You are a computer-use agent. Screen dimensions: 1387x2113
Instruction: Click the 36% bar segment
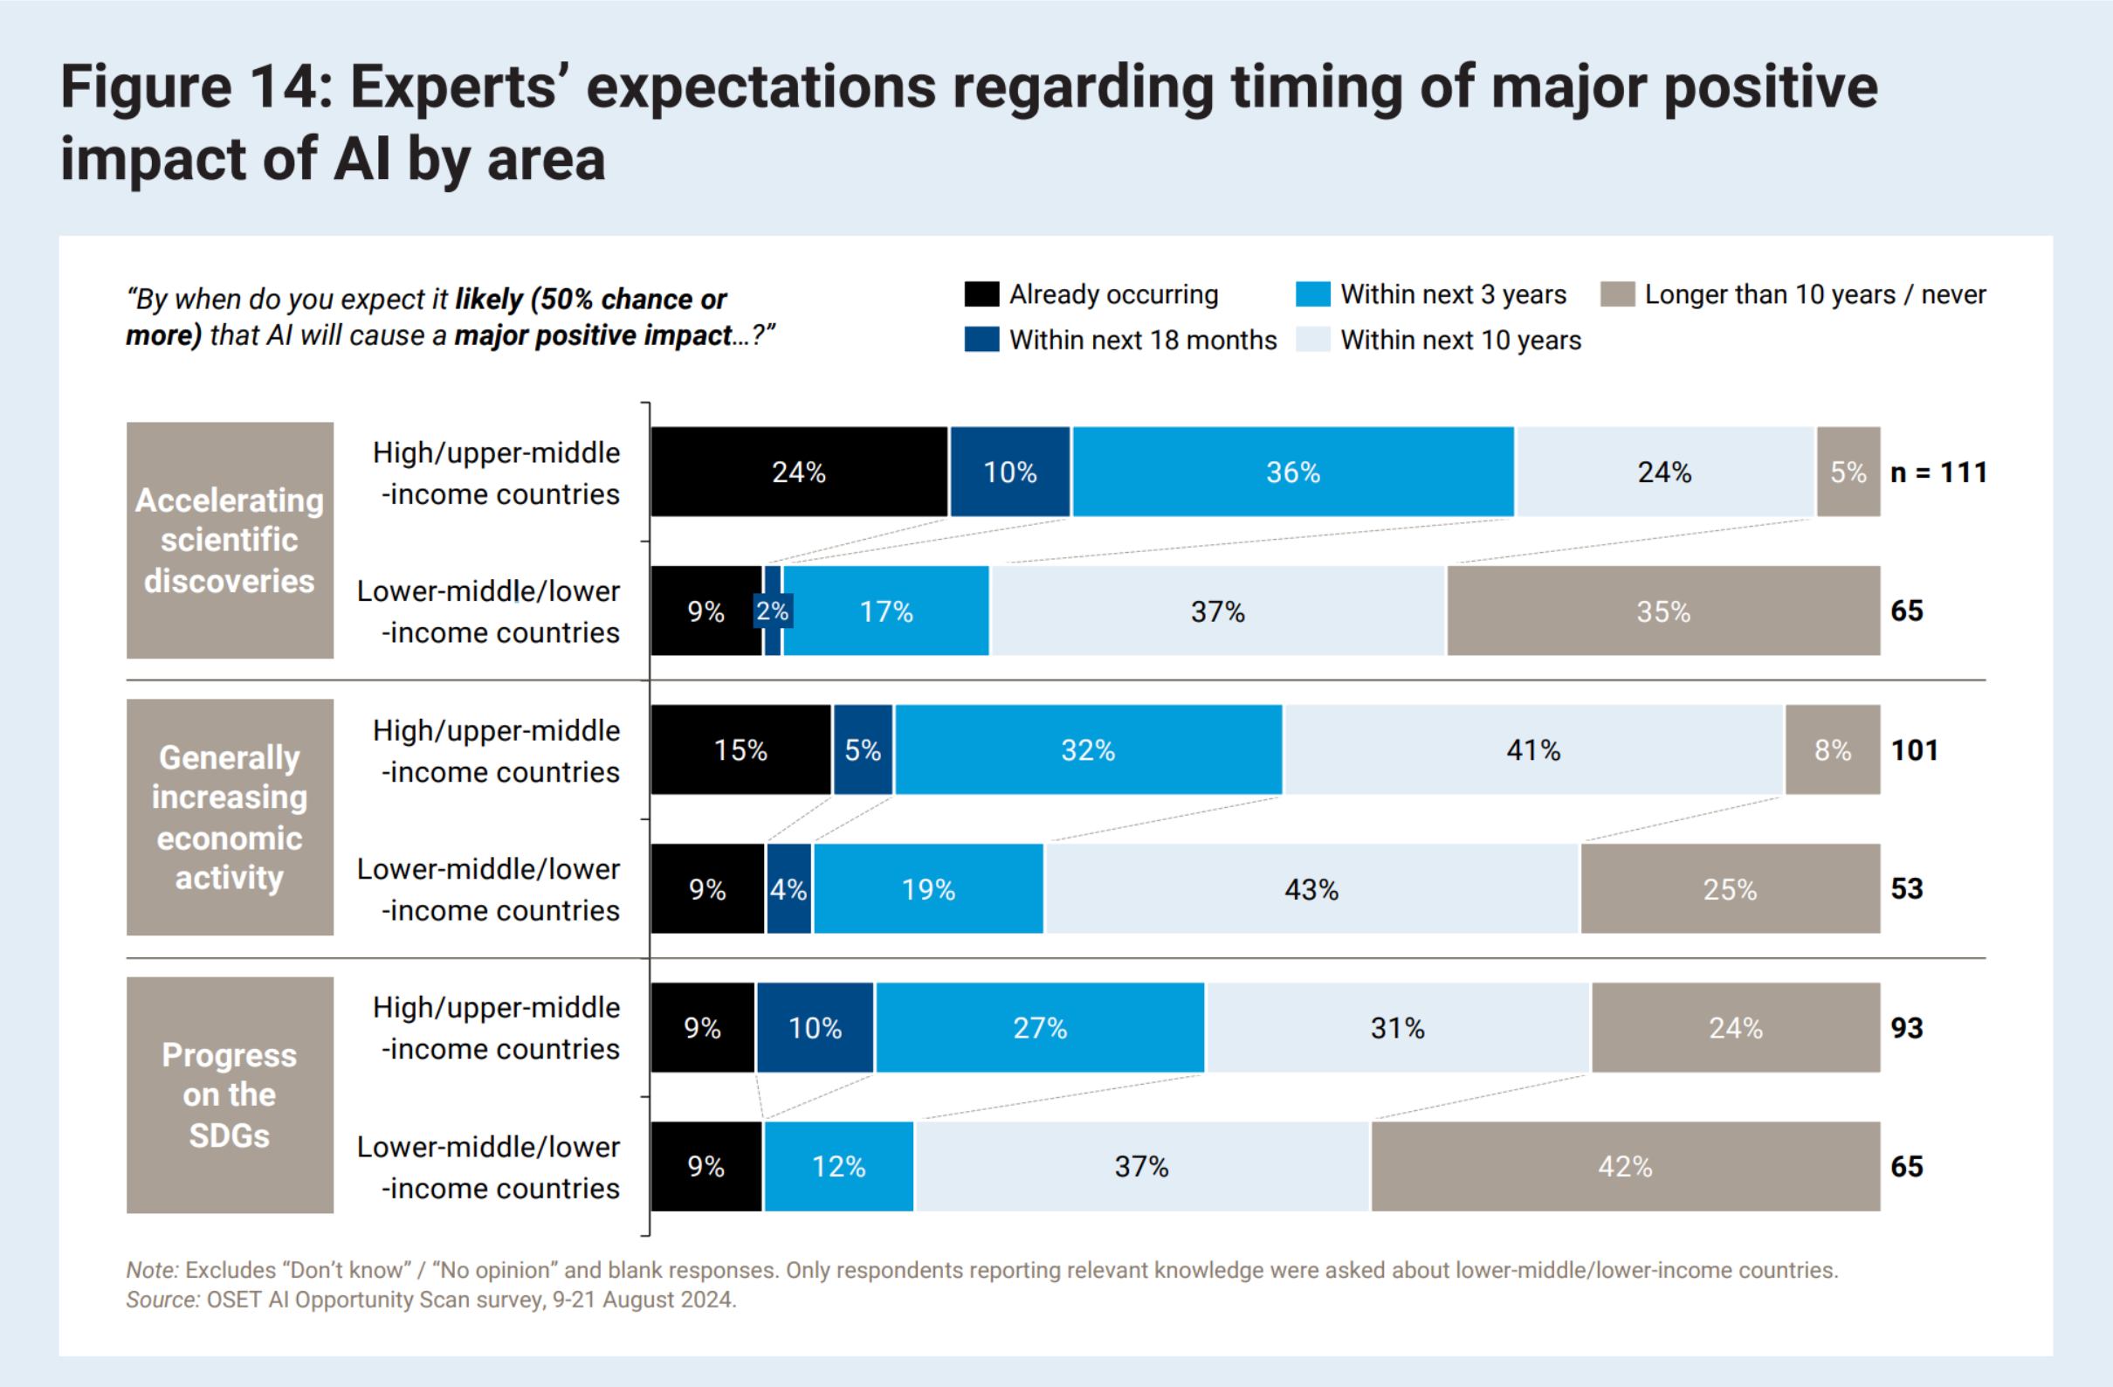pos(1292,472)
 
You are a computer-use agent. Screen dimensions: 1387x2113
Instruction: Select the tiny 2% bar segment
pos(773,611)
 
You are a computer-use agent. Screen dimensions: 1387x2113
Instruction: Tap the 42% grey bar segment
pos(1625,1166)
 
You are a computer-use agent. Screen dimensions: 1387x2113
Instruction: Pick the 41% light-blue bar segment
pos(1533,749)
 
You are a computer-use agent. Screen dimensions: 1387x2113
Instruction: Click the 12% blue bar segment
pos(838,1166)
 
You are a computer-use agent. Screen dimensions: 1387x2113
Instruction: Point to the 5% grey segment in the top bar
pos(1848,472)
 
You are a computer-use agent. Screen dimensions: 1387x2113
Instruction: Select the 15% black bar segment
pos(740,749)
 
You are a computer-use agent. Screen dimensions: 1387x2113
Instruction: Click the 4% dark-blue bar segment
pos(788,889)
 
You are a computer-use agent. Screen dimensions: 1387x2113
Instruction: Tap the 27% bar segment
pos(1040,1027)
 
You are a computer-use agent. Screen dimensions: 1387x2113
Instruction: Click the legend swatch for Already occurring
pos(981,294)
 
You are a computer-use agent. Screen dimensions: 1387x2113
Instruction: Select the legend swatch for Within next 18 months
pos(981,339)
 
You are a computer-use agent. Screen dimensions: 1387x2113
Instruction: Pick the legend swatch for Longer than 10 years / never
pos(1617,294)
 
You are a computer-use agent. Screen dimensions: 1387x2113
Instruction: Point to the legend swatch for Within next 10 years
pos(1312,339)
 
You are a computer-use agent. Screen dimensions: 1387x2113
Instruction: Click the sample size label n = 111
pos(1938,472)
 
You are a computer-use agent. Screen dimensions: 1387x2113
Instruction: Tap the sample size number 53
pos(1906,889)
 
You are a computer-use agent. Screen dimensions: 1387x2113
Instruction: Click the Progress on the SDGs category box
pos(229,1095)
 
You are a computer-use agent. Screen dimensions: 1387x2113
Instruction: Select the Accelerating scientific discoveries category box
pos(229,540)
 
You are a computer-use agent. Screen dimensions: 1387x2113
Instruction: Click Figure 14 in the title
pos(196,87)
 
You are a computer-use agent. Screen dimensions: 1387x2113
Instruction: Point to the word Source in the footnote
pos(162,1299)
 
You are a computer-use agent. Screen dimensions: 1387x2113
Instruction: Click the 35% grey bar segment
pos(1662,611)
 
